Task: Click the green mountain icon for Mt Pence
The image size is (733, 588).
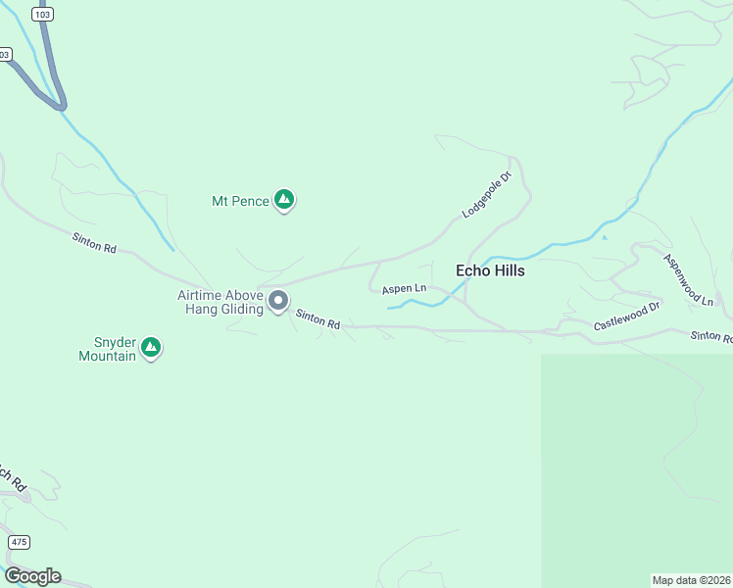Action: [x=284, y=200]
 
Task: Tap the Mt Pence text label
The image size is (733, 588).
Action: [x=240, y=201]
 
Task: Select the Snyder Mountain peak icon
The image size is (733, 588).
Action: [x=151, y=347]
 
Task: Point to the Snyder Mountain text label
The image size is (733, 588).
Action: [x=107, y=349]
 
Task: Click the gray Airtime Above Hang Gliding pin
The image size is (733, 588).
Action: [x=278, y=300]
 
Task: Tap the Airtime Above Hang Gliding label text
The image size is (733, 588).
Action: [x=220, y=302]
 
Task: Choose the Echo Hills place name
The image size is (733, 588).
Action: [x=490, y=270]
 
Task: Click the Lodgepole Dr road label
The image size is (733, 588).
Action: [x=488, y=196]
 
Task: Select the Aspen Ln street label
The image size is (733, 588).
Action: [x=404, y=288]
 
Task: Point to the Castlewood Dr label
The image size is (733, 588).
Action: [x=627, y=317]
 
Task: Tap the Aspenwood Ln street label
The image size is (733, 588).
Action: [x=688, y=280]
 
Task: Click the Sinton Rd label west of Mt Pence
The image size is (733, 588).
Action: [x=94, y=243]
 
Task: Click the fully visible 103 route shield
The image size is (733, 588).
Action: [x=42, y=14]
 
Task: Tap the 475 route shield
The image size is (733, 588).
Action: [x=19, y=542]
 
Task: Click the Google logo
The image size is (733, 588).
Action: [x=32, y=576]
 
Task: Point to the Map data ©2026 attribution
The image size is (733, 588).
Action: [x=691, y=580]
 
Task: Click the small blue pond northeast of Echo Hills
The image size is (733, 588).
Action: [x=605, y=237]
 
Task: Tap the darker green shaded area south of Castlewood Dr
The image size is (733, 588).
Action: [x=637, y=461]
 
